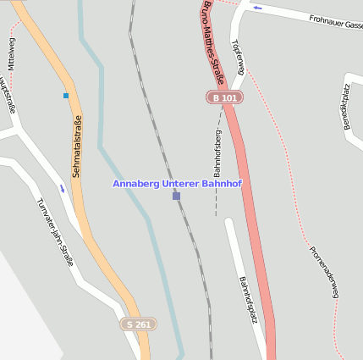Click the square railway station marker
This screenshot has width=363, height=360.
tap(176, 196)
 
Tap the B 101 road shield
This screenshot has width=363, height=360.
tap(225, 98)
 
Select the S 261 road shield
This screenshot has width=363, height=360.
tap(138, 324)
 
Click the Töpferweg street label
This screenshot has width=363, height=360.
tap(237, 57)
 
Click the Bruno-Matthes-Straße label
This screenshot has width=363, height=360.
tap(213, 42)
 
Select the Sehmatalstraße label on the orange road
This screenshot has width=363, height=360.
tap(76, 146)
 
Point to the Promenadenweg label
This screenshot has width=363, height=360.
tap(324, 271)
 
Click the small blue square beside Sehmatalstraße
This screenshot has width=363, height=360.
tap(66, 96)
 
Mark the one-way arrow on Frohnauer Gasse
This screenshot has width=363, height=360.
tap(257, 8)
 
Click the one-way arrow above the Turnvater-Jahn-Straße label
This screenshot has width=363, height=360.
tap(62, 188)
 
